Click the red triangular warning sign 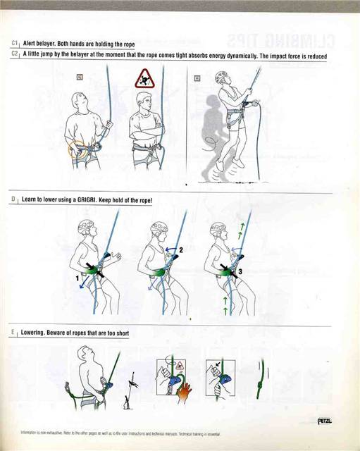[144, 79]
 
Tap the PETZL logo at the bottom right [325, 421]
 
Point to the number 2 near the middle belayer [180, 249]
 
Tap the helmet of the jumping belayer [223, 75]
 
